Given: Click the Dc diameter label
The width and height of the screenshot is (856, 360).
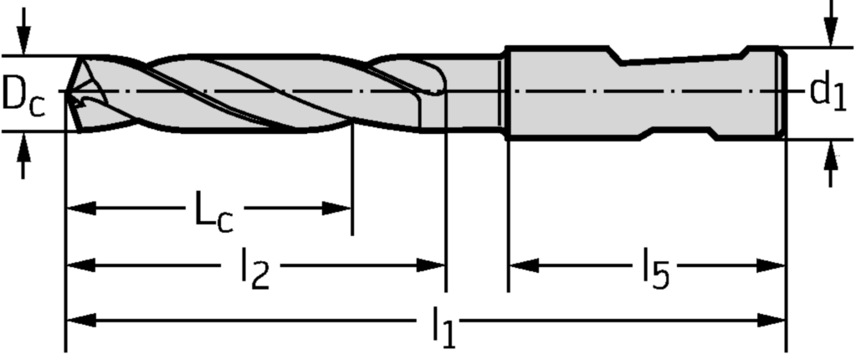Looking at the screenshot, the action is tap(23, 93).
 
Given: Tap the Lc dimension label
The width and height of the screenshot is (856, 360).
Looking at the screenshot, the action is tap(214, 211).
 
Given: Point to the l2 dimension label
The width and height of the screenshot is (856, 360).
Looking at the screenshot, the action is tap(255, 269).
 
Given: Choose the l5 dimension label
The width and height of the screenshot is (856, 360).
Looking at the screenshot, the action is tap(655, 269).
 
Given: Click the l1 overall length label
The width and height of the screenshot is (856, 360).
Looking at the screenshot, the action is tap(443, 327).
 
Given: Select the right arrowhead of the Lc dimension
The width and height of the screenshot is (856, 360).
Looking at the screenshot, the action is tap(336, 208).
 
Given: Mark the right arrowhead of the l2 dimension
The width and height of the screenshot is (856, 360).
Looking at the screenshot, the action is tap(431, 265).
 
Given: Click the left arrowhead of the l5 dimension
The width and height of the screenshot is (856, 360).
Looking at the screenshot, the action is tap(524, 265).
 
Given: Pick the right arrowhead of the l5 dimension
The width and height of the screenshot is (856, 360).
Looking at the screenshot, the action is tap(771, 265).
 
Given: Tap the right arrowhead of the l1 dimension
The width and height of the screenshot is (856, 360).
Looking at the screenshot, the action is tap(771, 320).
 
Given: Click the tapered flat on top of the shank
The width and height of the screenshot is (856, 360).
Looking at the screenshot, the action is tap(683, 58).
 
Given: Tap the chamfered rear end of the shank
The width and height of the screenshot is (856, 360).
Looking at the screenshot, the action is tap(782, 92).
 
